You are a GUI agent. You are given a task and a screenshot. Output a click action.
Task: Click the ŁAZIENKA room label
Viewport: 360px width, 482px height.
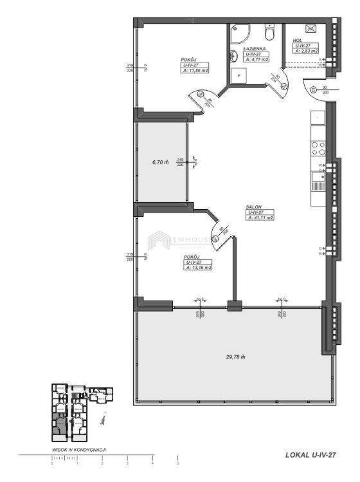pyautogui.click(x=256, y=49)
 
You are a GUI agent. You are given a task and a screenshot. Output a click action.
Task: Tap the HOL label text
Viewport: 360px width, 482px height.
pyautogui.click(x=298, y=41)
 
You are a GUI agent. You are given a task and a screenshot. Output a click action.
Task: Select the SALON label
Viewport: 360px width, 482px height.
pyautogui.click(x=253, y=207)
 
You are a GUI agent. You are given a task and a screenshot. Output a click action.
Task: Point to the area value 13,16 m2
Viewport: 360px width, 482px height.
pyautogui.click(x=198, y=267)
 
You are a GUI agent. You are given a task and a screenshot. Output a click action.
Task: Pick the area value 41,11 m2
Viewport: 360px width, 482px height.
pyautogui.click(x=260, y=218)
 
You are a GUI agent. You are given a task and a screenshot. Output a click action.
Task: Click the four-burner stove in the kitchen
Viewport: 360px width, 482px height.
pyautogui.click(x=318, y=149)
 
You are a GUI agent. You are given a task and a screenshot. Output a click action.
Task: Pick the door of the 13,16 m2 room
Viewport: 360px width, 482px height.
pyautogui.click(x=222, y=235)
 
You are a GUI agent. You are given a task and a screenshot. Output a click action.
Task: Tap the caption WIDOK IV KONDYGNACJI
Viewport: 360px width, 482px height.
pyautogui.click(x=78, y=451)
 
